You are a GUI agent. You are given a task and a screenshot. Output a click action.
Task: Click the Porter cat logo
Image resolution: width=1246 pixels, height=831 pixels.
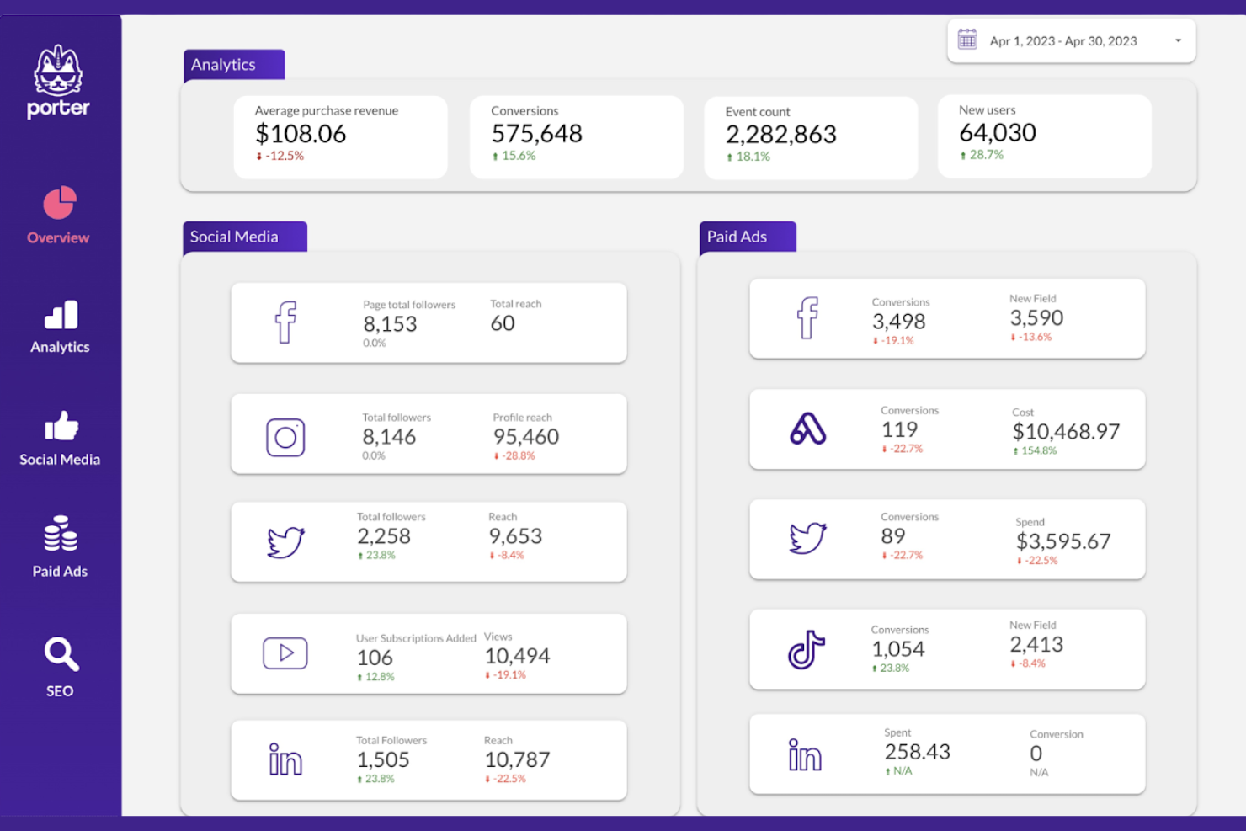[x=58, y=72]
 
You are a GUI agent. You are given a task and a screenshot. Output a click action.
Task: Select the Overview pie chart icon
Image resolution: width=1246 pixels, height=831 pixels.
[x=60, y=203]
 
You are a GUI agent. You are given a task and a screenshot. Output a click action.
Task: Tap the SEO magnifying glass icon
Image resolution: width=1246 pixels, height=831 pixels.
[x=61, y=654]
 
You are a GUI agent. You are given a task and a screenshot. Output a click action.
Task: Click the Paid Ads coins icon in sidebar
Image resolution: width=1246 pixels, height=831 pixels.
[x=61, y=534]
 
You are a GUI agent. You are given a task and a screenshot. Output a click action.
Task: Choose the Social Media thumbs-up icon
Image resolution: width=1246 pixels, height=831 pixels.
[x=61, y=427]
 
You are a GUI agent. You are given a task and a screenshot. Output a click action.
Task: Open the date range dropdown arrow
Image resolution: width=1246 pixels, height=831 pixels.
[x=1178, y=41]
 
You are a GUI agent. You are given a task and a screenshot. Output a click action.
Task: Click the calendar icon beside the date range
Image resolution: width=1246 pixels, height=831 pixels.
[x=967, y=40]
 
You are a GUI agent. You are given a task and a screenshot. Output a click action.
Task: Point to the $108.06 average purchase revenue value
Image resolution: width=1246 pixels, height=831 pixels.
[x=301, y=134]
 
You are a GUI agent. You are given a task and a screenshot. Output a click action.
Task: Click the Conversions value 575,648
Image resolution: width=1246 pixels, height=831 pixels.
[x=536, y=134]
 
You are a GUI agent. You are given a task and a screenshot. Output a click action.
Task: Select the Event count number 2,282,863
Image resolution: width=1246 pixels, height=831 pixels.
[x=780, y=135]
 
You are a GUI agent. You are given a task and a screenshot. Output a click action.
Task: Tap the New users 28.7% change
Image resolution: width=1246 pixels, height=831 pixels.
[x=986, y=155]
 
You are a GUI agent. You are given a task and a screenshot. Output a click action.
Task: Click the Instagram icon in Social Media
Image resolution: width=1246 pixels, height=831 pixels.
[x=285, y=438]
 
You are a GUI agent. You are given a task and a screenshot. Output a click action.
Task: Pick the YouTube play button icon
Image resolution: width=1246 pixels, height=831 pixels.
[x=285, y=653]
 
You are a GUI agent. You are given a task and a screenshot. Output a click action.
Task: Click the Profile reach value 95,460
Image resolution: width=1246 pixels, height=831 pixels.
[x=525, y=437]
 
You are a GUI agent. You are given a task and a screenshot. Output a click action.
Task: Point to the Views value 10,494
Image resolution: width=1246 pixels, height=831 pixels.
[x=517, y=656]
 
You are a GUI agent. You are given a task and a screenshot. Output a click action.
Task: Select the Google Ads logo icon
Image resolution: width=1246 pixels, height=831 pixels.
[x=807, y=429]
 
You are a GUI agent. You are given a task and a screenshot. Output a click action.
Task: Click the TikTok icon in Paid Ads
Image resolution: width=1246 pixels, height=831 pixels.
[x=806, y=650]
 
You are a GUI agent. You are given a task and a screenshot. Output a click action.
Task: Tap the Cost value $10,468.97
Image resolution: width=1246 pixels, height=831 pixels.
[x=1066, y=432]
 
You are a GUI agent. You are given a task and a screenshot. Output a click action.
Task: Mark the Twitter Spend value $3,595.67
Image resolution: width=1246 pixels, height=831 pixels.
[x=1063, y=541]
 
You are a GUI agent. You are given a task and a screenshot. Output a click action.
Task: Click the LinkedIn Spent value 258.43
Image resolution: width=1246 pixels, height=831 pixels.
[x=917, y=752]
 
